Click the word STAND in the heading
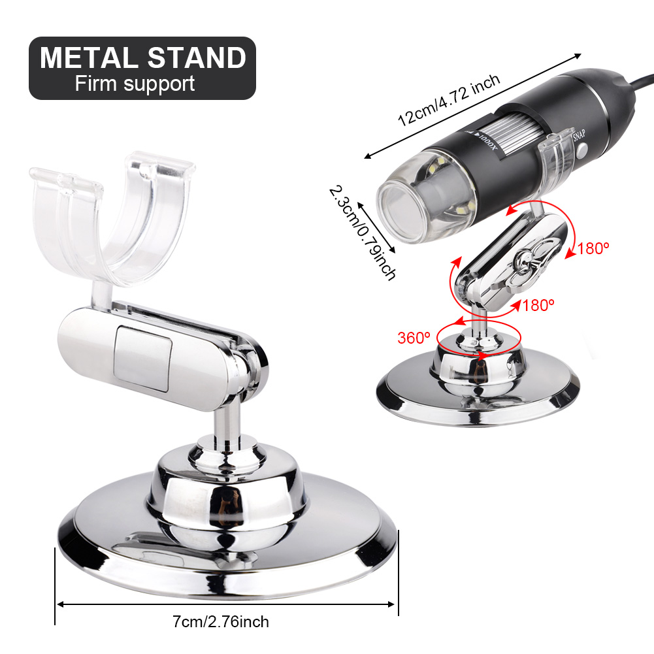197,57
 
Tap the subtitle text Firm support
135,84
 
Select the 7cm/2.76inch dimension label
221,621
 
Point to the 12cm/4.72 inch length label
448,100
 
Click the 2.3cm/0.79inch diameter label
362,233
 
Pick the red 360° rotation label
414,338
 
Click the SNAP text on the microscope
579,135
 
